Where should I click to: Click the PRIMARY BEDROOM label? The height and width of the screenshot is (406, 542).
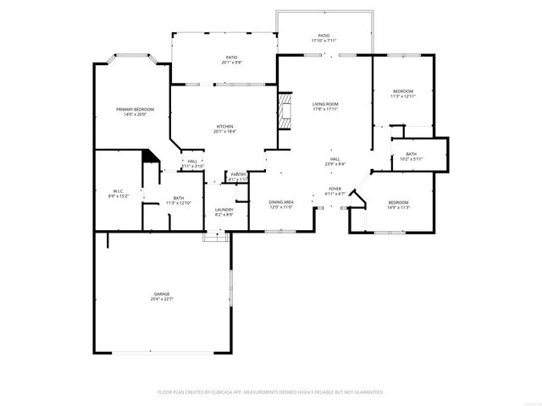coord(135,109)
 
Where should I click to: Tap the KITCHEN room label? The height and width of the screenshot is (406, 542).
coord(224,126)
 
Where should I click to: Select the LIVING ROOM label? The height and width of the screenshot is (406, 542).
coord(325,103)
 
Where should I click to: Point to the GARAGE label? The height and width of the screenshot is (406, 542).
coord(161,294)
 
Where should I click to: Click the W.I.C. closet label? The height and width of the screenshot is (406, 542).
coord(119,191)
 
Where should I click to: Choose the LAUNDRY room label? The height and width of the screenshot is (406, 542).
coord(224,209)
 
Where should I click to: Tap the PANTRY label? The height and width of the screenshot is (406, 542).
coord(239,174)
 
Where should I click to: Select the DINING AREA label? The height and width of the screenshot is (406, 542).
coord(281,202)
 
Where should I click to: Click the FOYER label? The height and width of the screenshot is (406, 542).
coord(335,189)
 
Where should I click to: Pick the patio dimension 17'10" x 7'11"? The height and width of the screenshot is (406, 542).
coord(324,41)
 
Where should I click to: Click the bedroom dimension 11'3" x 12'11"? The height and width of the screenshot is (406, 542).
coord(402,96)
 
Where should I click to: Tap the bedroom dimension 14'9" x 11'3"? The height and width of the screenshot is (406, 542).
coord(398,207)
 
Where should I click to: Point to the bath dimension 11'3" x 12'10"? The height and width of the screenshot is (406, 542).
coord(179,203)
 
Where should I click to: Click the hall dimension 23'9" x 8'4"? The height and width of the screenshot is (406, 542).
coord(335,164)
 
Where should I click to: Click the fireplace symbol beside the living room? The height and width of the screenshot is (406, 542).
coord(285,111)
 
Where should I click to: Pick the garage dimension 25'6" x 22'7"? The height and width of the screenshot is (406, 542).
coord(161,299)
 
